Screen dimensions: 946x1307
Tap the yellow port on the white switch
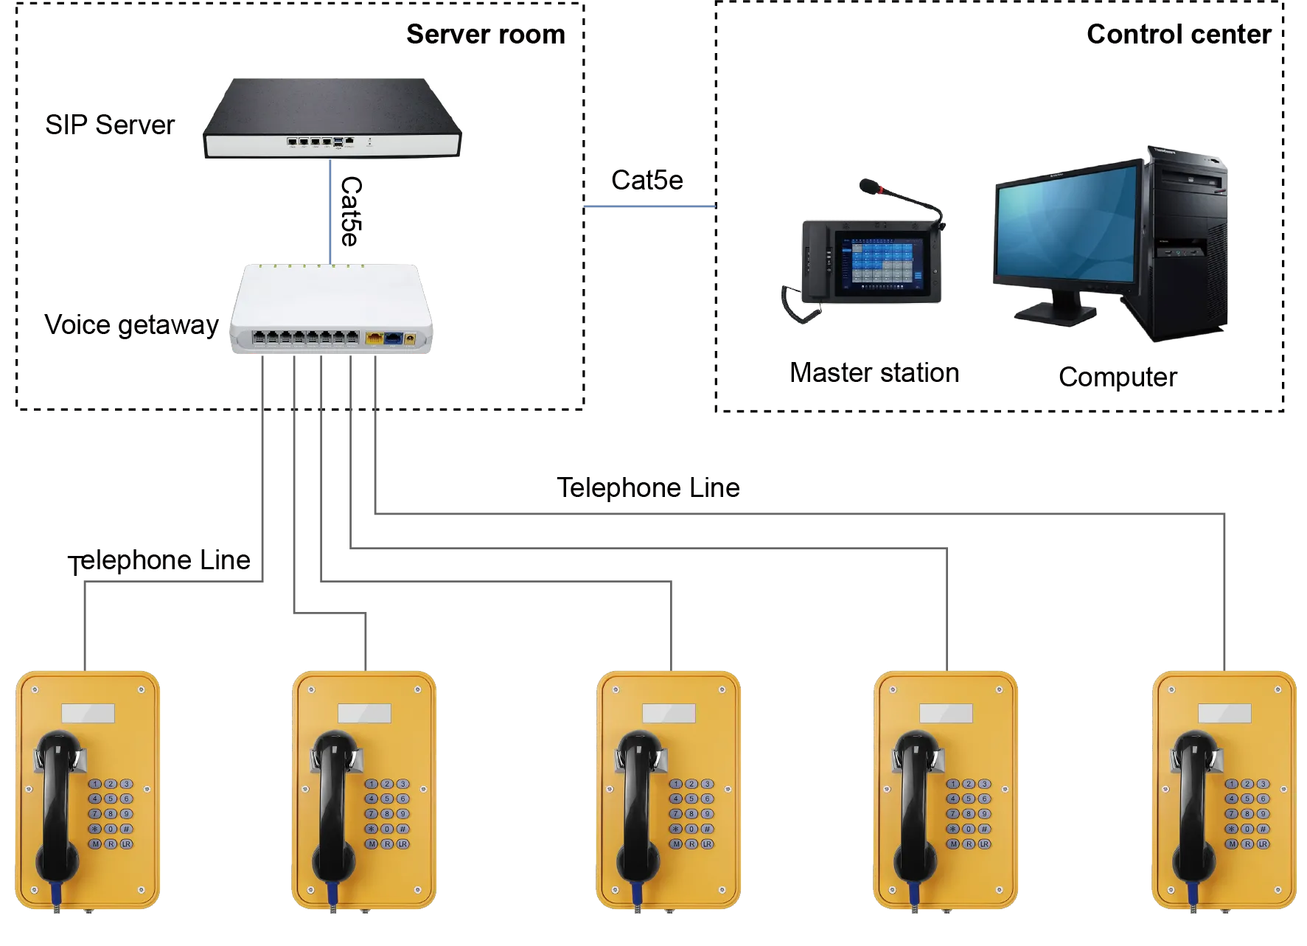(374, 339)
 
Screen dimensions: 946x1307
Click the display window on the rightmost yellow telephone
(1224, 714)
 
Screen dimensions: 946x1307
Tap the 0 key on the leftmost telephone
(111, 829)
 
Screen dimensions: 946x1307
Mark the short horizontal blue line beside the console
(649, 207)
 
